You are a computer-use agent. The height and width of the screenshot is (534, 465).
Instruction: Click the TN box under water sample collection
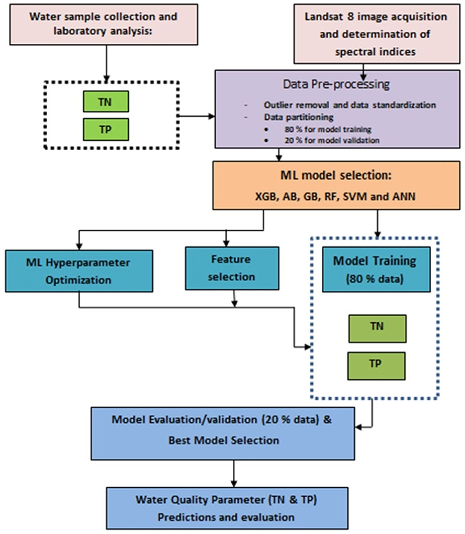pos(106,101)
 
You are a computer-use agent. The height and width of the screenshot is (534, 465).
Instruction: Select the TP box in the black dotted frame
pos(106,129)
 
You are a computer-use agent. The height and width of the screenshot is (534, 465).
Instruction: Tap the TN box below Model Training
pos(377,329)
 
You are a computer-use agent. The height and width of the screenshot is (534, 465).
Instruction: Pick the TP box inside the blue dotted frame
pos(376,366)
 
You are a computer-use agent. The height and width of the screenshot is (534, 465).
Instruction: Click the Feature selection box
pos(232,268)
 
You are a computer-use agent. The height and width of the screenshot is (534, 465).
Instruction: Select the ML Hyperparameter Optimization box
pos(79,271)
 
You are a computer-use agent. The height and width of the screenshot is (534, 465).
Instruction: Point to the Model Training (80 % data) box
pos(376,269)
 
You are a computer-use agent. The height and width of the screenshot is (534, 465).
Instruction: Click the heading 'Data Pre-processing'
pos(336,84)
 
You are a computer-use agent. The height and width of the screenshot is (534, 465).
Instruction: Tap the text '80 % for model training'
pos(328,129)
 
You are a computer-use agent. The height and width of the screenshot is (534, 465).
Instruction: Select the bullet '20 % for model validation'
pos(332,140)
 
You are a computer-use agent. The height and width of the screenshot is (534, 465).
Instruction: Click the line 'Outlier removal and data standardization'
pos(350,105)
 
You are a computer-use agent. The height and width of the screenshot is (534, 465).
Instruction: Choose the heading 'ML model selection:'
pos(336,176)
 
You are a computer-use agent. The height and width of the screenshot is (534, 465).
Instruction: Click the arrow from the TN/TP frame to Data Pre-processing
pos(197,116)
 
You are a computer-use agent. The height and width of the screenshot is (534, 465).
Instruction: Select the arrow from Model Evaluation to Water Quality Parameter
pos(234,474)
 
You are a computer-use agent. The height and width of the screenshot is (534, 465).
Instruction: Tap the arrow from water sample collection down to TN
pos(106,63)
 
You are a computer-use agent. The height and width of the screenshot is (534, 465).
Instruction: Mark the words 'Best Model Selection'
pos(224,441)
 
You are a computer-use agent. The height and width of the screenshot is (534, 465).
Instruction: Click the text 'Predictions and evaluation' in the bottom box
pos(226,517)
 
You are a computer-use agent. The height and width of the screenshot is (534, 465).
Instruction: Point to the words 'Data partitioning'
pos(299,117)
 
